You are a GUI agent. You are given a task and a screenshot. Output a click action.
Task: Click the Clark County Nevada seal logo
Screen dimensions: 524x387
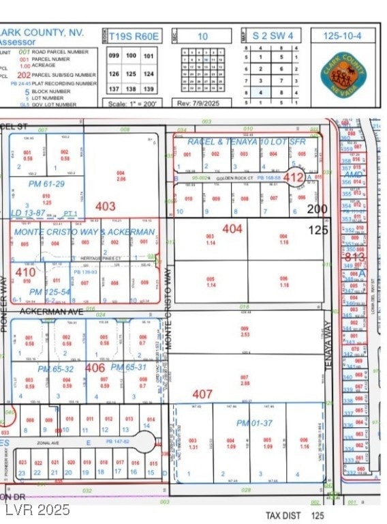click(345, 72)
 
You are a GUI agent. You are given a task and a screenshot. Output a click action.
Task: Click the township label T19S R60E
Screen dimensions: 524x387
click(131, 36)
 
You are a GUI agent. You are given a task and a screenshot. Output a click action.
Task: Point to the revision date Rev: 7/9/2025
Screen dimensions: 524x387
click(202, 104)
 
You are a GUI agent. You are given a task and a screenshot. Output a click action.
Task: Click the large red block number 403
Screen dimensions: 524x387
click(106, 205)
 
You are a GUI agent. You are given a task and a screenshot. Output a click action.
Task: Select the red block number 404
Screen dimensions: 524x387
click(232, 229)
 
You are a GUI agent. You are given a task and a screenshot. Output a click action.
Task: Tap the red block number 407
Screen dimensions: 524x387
click(202, 394)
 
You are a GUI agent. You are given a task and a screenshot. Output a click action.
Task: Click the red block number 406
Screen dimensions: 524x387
click(95, 367)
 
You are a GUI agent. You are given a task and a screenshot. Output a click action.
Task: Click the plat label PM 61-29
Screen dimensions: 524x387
click(46, 184)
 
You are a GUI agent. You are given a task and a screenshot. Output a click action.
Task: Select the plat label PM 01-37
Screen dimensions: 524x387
click(254, 423)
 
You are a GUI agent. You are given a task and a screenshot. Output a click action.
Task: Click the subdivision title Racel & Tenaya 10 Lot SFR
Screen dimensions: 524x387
click(247, 142)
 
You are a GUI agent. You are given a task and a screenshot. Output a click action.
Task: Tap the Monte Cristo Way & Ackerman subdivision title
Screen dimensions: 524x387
click(84, 232)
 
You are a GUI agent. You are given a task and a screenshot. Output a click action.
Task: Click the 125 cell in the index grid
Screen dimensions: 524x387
click(131, 73)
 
